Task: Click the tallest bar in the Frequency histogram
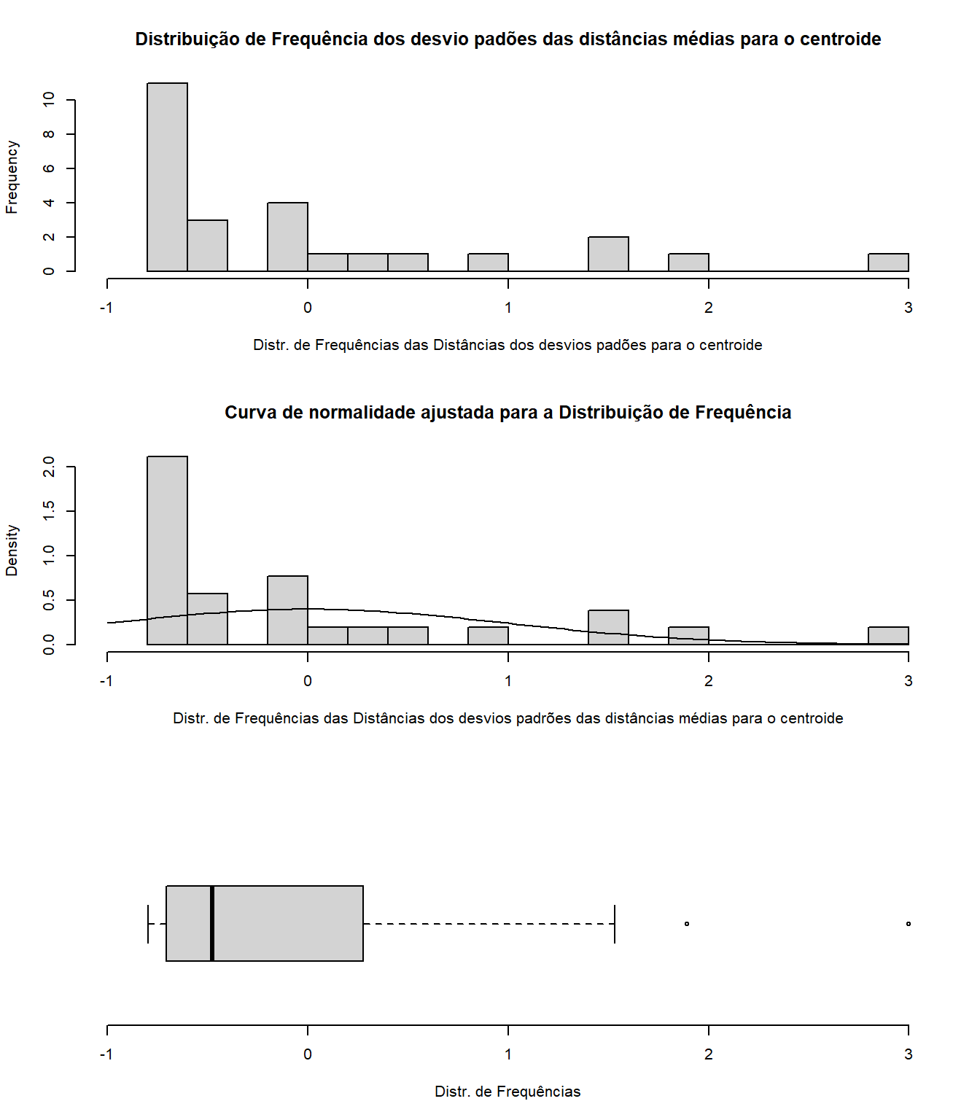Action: point(167,177)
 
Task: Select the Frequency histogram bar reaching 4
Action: point(287,237)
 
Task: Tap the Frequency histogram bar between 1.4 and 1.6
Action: point(608,254)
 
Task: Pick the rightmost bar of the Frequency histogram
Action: point(888,262)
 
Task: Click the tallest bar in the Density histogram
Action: point(167,551)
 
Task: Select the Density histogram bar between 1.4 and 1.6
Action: point(608,627)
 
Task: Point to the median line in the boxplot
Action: point(212,923)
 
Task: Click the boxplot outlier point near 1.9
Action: point(687,924)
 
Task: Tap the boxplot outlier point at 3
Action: point(908,924)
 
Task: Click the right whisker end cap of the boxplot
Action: point(615,924)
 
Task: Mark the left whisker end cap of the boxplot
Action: point(148,924)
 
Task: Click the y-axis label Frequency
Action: point(12,177)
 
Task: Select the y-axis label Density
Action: point(12,551)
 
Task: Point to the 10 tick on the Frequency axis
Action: point(49,99)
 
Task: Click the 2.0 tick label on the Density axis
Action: point(49,467)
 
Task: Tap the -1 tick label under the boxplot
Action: point(106,1054)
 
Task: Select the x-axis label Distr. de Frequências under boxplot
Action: point(507,1092)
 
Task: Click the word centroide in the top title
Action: point(840,39)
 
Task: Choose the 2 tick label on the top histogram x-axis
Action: point(708,308)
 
